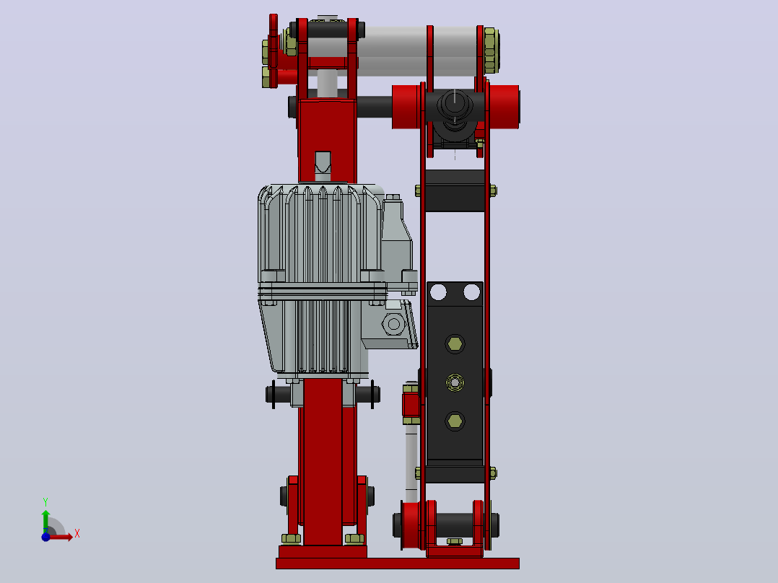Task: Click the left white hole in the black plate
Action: pyautogui.click(x=438, y=291)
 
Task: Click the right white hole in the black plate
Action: pyautogui.click(x=471, y=291)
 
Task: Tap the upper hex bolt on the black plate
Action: pyautogui.click(x=455, y=343)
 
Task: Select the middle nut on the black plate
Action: pyautogui.click(x=455, y=382)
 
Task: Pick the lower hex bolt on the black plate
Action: pyautogui.click(x=455, y=421)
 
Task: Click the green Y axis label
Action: pyautogui.click(x=45, y=501)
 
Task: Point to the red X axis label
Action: pyautogui.click(x=77, y=534)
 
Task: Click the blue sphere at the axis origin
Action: pyautogui.click(x=45, y=537)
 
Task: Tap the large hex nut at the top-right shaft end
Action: pyautogui.click(x=491, y=50)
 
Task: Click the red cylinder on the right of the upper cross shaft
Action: pyautogui.click(x=504, y=107)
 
